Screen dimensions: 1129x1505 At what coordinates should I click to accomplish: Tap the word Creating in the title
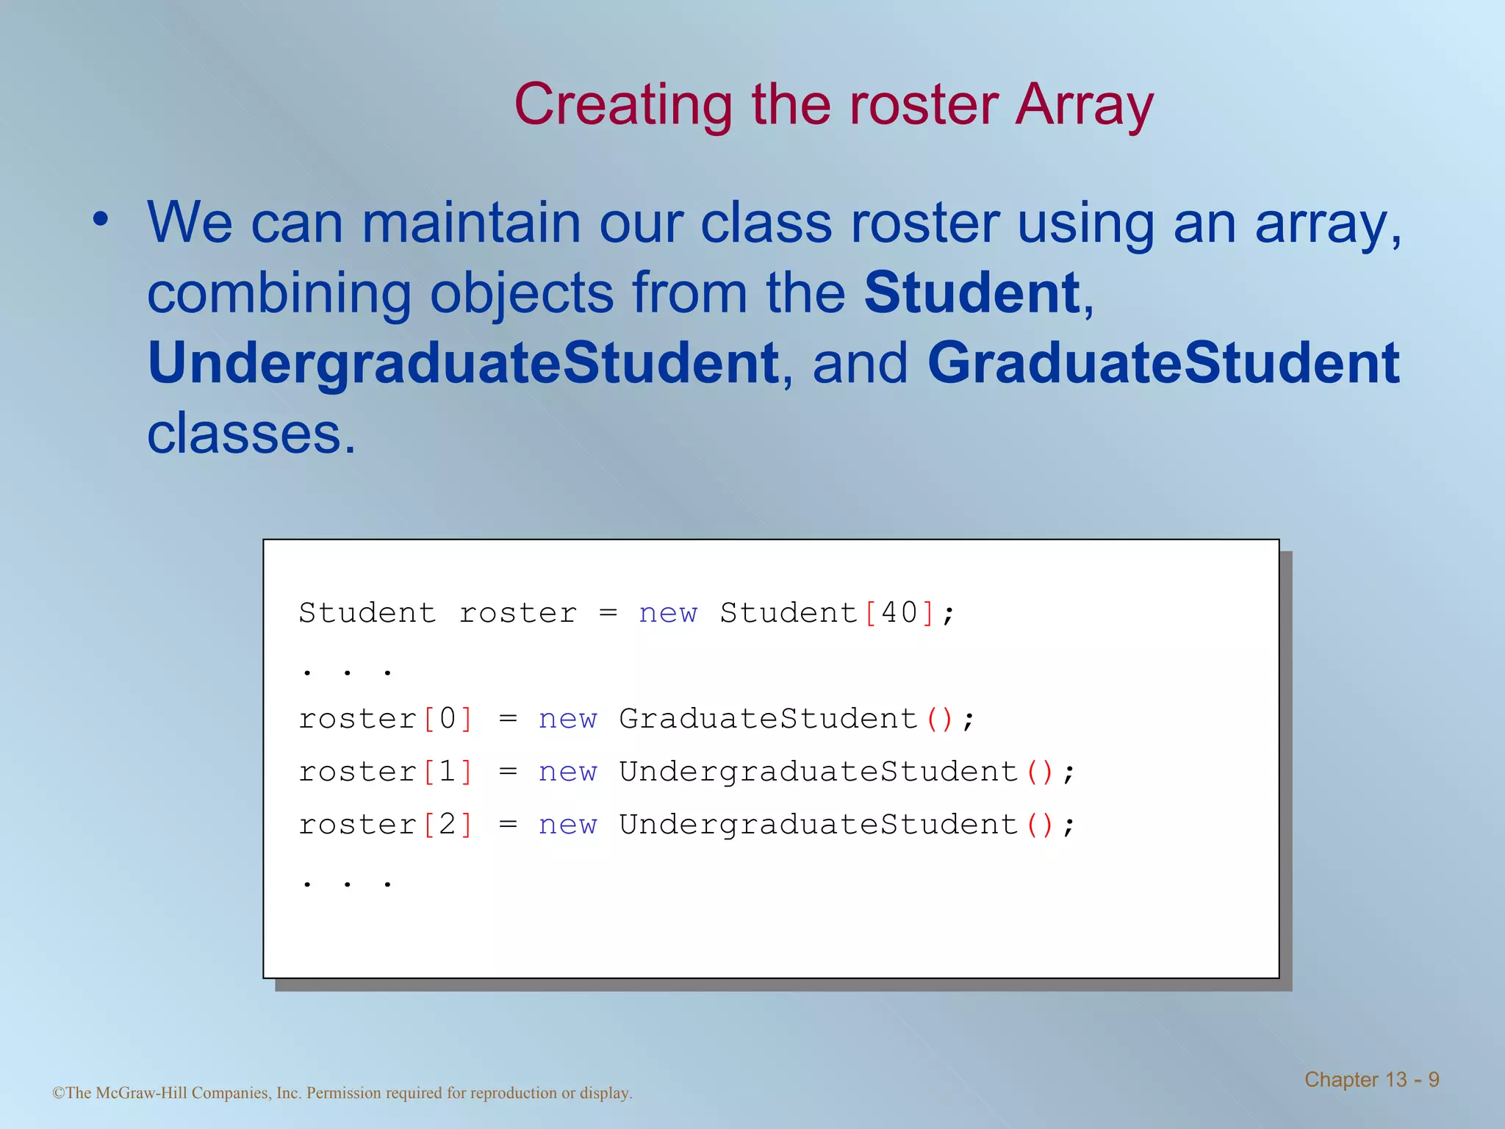tap(623, 105)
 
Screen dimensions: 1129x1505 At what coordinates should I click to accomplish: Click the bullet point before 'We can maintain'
tap(101, 218)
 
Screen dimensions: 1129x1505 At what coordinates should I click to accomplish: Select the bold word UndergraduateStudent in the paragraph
tap(463, 363)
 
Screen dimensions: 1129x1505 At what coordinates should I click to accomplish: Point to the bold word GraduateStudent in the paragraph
tap(1163, 363)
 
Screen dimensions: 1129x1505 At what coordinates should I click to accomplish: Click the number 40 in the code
tap(899, 612)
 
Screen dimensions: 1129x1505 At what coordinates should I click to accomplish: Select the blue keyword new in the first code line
tap(667, 612)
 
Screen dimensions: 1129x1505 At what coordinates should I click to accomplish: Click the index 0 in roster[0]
tap(448, 718)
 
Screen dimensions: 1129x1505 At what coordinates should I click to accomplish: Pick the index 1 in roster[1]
tap(448, 771)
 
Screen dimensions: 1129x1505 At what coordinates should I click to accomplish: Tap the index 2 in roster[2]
tap(448, 824)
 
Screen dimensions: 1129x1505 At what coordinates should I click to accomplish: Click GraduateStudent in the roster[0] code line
tap(768, 718)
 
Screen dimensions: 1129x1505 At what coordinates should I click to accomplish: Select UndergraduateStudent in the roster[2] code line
tap(818, 824)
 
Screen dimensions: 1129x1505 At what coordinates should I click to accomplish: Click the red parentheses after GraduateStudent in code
tap(939, 718)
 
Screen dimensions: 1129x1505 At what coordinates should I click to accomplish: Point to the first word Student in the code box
tap(367, 612)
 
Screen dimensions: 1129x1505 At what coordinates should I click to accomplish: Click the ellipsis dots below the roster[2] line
tap(347, 883)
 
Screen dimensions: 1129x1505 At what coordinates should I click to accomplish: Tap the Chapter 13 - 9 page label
tap(1371, 1080)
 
